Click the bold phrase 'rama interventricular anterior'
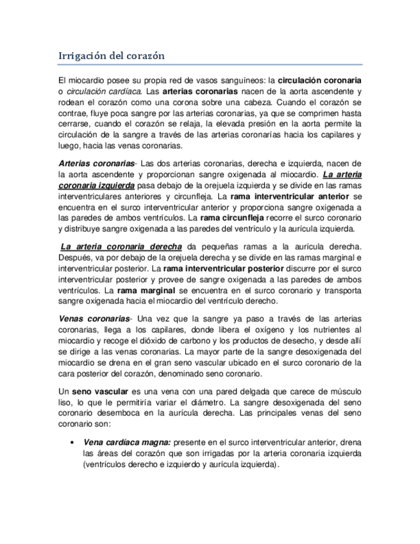pos(290,196)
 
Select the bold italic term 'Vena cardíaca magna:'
pos(126,443)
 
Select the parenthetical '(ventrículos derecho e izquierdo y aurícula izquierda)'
pos(181,464)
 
